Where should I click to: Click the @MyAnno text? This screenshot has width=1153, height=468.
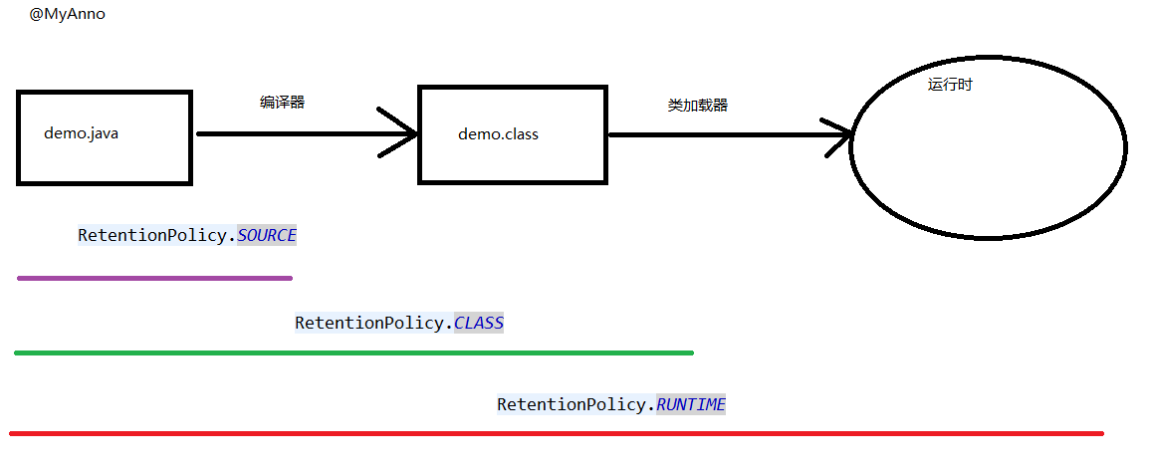coord(67,15)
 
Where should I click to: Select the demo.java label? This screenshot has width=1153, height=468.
coord(81,133)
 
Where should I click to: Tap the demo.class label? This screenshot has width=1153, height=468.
coord(498,133)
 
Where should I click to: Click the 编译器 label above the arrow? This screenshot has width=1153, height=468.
coord(283,103)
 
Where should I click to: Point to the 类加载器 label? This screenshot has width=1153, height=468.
coord(698,106)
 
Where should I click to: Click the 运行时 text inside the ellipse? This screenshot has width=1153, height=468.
coord(950,85)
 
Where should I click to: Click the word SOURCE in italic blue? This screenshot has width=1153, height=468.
coord(266,235)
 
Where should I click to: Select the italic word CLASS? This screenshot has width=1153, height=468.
coord(479,323)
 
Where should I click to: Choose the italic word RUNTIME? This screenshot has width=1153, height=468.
coord(690,404)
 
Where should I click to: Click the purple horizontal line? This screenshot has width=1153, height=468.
coord(154,278)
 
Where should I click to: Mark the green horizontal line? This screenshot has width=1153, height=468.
coord(353,353)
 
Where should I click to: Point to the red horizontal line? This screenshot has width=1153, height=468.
coord(557,433)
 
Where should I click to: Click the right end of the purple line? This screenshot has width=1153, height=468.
coord(291,278)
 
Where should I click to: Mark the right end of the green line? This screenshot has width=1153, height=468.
coord(692,353)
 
